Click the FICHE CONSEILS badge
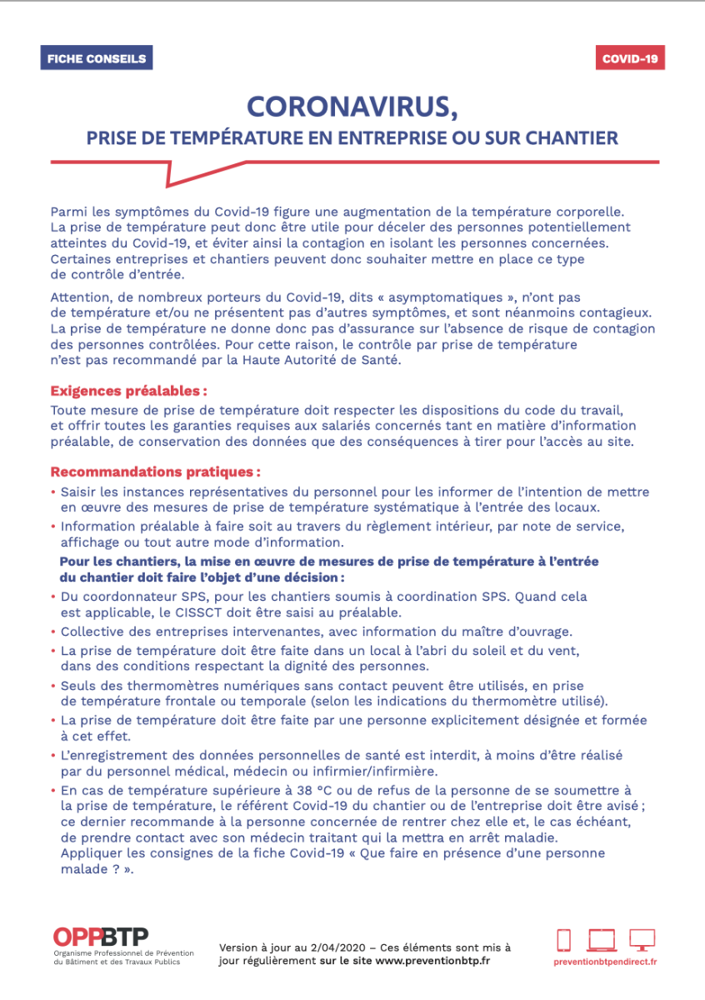[x=97, y=58]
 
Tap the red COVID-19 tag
[x=630, y=58]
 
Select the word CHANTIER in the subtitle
[x=576, y=137]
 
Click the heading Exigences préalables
[x=128, y=390]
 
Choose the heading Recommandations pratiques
[x=155, y=472]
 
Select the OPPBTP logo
[x=101, y=937]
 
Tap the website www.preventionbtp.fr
[x=432, y=960]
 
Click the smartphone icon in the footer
[x=564, y=940]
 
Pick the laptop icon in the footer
[x=602, y=940]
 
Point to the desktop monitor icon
[x=642, y=940]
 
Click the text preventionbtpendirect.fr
[x=605, y=962]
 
